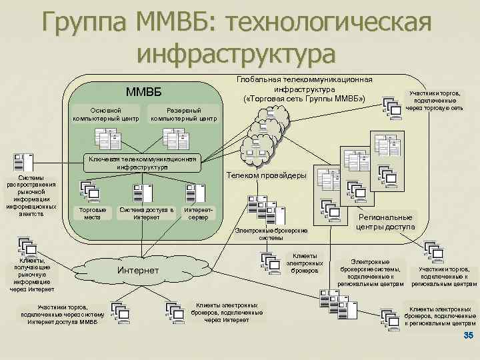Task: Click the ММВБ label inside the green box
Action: click(x=143, y=91)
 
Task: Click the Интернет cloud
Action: click(x=138, y=270)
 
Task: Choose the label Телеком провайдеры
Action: click(x=267, y=175)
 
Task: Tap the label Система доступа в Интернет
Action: click(x=147, y=213)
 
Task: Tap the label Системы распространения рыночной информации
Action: click(x=31, y=195)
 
